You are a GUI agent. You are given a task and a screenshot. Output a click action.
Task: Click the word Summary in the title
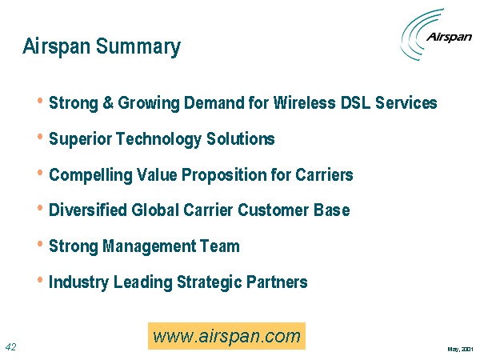point(138,47)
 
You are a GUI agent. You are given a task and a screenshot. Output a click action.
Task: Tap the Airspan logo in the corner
point(436,34)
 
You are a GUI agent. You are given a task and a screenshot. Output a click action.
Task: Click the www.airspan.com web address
point(226,336)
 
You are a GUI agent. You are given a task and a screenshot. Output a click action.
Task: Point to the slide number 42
point(10,347)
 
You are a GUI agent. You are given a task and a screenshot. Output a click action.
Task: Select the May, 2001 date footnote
point(461,349)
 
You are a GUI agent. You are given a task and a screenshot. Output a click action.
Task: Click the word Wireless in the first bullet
point(304,102)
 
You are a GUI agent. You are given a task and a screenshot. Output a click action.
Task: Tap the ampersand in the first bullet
point(108,102)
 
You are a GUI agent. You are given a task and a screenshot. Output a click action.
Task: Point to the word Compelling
point(90,175)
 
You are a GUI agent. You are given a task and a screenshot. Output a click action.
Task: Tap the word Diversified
point(88,210)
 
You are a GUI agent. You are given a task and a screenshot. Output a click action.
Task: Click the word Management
point(150,246)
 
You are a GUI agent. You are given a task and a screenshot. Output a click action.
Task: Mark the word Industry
point(78,282)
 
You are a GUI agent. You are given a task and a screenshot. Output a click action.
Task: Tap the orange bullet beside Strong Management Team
point(40,244)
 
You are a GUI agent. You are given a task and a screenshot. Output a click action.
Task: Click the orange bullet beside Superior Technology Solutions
point(40,137)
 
